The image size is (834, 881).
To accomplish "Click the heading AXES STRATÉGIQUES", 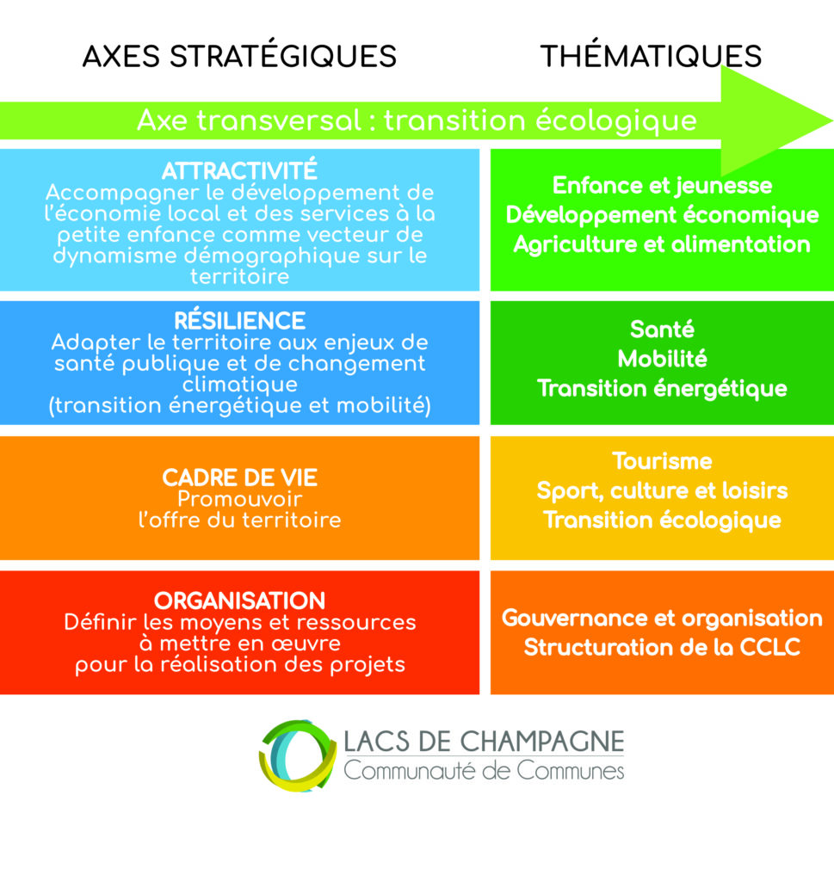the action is [239, 56].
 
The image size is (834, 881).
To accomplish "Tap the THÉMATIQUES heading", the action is [651, 56].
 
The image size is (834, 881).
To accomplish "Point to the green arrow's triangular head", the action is [775, 120].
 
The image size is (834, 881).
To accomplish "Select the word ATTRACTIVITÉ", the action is [239, 171].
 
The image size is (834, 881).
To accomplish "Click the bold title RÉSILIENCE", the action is [239, 321].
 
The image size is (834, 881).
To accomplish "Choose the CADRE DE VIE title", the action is [239, 477].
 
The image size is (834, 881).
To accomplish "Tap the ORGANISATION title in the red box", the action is [239, 601].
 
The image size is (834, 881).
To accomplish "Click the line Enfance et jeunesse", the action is [662, 186].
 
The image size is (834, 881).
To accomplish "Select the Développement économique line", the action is [662, 215].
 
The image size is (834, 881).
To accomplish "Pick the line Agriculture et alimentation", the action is [662, 244].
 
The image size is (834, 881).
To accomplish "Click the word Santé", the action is [662, 330].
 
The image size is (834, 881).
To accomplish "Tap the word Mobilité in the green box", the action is [662, 359].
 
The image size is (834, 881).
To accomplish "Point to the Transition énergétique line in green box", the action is [662, 389].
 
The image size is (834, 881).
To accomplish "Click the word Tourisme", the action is [662, 461].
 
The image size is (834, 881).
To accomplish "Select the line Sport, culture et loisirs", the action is [662, 491].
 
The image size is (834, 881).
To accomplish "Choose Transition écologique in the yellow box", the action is [662, 521].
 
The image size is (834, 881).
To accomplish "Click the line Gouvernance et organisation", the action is [662, 618].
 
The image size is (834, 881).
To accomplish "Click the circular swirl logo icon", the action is [297, 755].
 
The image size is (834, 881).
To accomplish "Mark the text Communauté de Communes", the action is [484, 770].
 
